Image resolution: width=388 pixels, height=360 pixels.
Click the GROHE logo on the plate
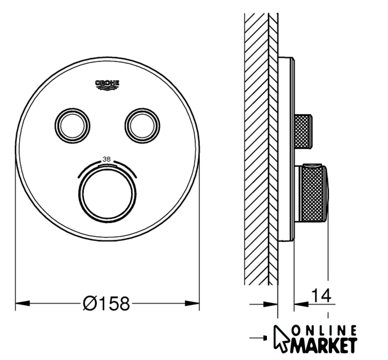tap(107, 85)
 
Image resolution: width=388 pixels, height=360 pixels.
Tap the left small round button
tap(72, 126)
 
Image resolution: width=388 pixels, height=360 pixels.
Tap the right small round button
tap(142, 126)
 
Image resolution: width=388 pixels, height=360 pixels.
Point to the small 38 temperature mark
tap(106, 160)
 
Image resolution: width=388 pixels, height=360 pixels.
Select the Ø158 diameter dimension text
tap(106, 303)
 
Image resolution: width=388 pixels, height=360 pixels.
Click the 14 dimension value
tap(321, 295)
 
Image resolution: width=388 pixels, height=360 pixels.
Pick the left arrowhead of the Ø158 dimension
tap(23, 303)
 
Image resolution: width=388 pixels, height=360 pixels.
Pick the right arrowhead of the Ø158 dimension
tap(192, 303)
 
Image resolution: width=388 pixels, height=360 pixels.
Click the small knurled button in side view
tap(303, 131)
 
